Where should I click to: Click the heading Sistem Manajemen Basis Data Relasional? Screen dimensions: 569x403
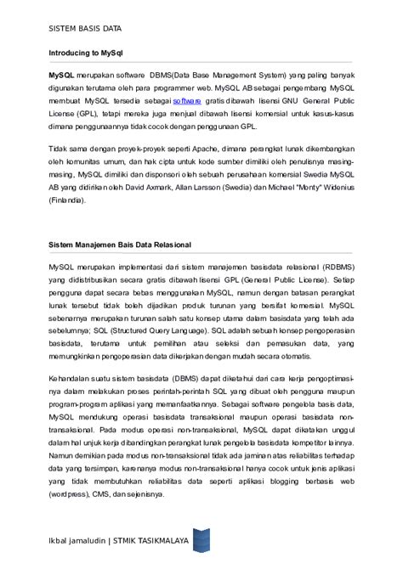119,245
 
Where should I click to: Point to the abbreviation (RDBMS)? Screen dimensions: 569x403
334,267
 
